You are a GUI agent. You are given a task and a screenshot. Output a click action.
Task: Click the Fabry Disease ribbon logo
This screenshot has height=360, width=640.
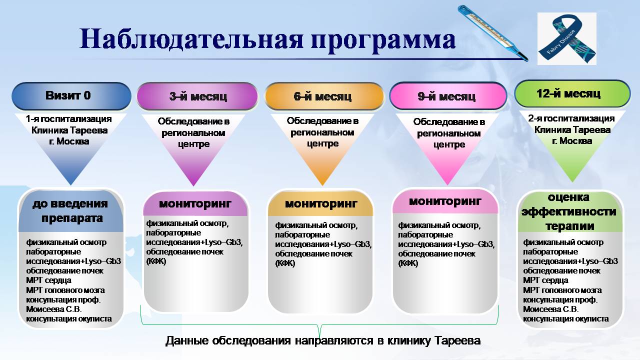pyautogui.click(x=566, y=39)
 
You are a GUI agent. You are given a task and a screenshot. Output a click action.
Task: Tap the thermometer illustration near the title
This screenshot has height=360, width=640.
pyautogui.click(x=492, y=33)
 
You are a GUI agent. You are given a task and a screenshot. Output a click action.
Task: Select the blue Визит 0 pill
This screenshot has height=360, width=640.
pyautogui.click(x=71, y=95)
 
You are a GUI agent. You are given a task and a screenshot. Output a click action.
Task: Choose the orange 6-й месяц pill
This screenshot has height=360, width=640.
pyautogui.click(x=323, y=96)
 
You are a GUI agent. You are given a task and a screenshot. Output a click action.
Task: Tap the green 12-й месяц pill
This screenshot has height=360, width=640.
pyautogui.click(x=572, y=93)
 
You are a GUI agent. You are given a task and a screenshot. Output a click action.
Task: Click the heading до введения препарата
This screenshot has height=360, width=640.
pyautogui.click(x=70, y=211)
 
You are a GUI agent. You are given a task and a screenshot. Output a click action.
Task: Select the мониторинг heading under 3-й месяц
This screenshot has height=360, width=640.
pyautogui.click(x=195, y=203)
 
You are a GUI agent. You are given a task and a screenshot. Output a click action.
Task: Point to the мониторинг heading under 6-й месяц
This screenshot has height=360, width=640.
pyautogui.click(x=321, y=203)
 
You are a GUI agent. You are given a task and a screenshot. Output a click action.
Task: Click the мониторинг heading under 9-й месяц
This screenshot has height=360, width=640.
pyautogui.click(x=445, y=201)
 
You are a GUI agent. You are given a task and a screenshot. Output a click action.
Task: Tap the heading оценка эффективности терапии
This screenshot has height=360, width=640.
pyautogui.click(x=568, y=211)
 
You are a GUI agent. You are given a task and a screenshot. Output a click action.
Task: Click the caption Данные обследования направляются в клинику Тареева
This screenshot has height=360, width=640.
pyautogui.click(x=322, y=340)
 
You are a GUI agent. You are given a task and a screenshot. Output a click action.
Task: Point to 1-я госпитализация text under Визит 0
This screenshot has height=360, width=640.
pyautogui.click(x=70, y=119)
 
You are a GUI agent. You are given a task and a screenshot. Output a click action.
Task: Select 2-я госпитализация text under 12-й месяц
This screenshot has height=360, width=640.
pyautogui.click(x=571, y=118)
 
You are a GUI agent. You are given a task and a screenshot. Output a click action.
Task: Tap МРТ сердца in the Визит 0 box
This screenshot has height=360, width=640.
pyautogui.click(x=48, y=280)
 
